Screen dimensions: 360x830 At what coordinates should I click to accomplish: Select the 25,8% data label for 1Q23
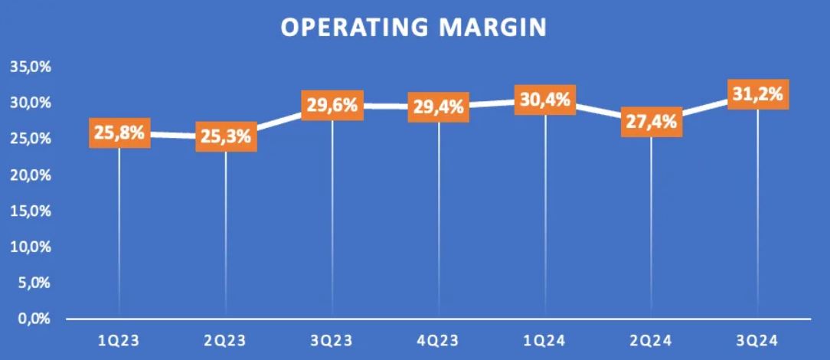coord(119,133)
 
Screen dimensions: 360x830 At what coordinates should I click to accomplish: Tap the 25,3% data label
coord(226,137)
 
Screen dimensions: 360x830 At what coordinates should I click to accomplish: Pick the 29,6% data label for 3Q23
coord(332,105)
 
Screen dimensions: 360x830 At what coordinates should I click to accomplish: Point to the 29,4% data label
coord(439,107)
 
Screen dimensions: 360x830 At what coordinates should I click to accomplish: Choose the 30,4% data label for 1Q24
coord(545,100)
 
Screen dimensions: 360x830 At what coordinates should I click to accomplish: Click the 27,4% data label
coord(652,122)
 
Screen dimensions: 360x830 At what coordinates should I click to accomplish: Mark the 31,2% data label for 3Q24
coord(758,94)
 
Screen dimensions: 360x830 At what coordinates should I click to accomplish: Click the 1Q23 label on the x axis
coord(119,338)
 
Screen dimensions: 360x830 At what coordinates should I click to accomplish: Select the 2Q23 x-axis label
coord(226,338)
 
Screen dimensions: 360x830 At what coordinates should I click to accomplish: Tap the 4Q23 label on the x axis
coord(439,338)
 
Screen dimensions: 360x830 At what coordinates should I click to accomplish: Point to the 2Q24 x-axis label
coord(652,338)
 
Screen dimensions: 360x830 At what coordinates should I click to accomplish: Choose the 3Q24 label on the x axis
coord(758,338)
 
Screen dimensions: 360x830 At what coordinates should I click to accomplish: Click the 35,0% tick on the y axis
coord(30,67)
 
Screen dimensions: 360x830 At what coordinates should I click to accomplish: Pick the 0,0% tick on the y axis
coord(33,319)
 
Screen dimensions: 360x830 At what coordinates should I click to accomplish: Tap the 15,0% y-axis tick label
coord(30,211)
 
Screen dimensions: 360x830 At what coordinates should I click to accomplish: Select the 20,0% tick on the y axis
coord(30,175)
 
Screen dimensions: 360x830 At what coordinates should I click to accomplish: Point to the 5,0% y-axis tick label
coord(33,283)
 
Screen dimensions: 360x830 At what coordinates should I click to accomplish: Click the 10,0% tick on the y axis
coord(30,247)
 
